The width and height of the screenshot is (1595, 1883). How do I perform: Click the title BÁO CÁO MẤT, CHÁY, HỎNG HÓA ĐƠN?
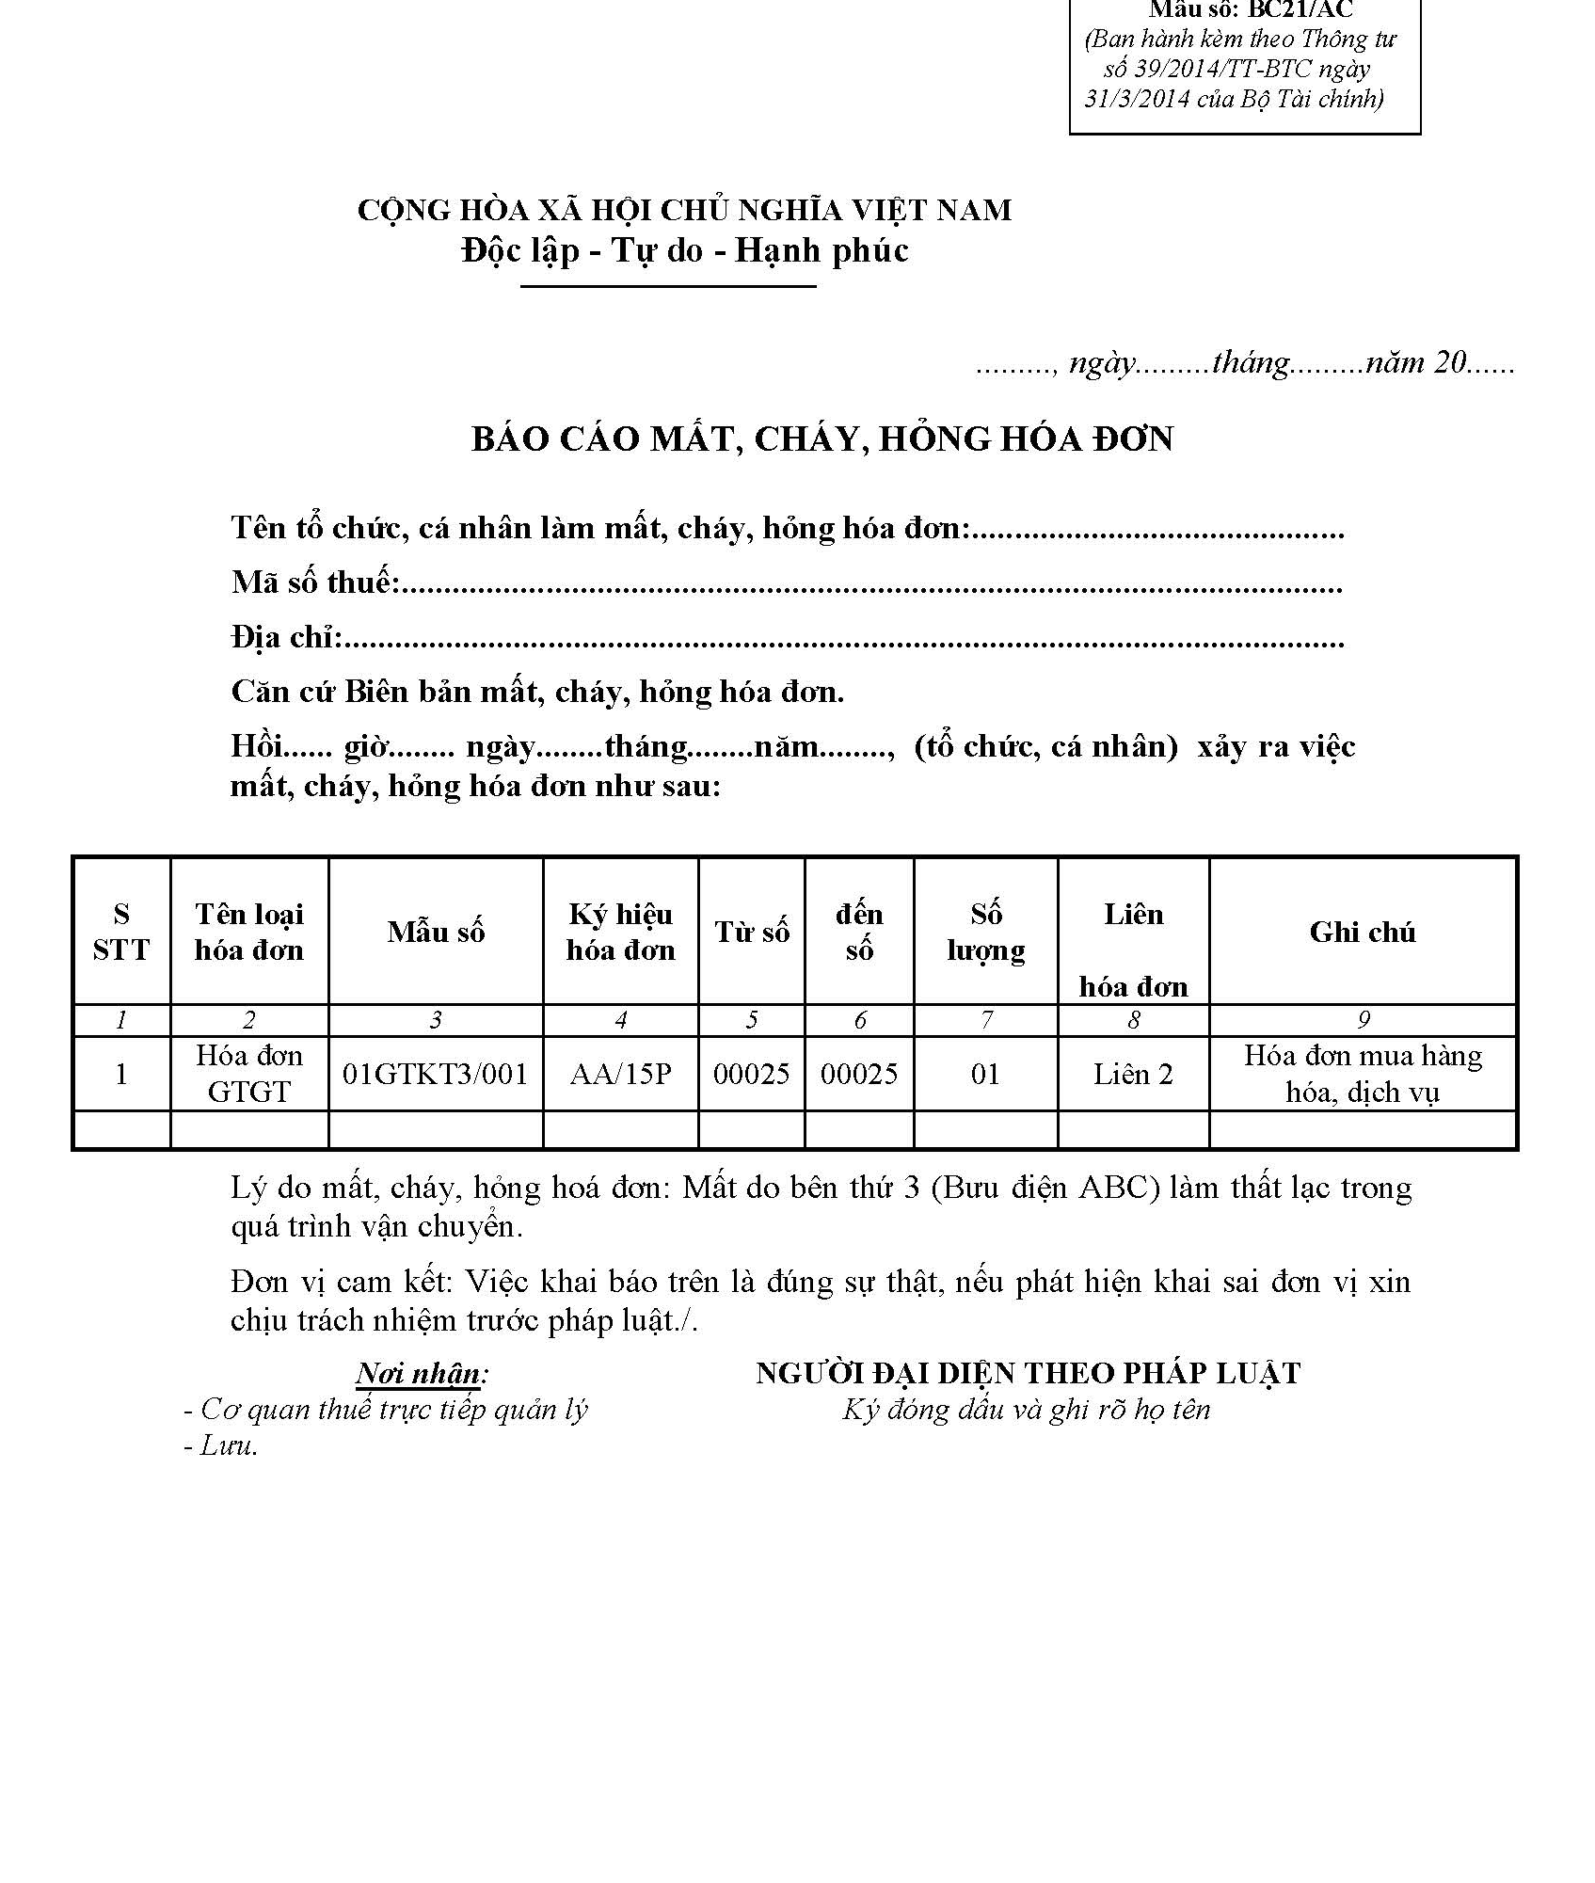(x=822, y=439)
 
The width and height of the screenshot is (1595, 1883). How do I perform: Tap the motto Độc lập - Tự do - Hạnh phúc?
(x=685, y=250)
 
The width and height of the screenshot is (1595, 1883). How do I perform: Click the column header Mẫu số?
(x=436, y=932)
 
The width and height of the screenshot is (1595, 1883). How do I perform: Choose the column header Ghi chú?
(x=1362, y=932)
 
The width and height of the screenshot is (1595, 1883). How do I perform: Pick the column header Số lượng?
(x=985, y=932)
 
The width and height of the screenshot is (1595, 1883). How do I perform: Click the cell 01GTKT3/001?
(x=436, y=1074)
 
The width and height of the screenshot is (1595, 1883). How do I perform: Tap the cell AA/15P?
(x=621, y=1074)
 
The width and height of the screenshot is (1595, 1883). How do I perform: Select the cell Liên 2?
(x=1133, y=1074)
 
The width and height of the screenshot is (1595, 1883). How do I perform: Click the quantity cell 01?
(x=985, y=1074)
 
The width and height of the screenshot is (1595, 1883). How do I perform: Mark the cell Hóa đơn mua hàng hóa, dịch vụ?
(x=1362, y=1074)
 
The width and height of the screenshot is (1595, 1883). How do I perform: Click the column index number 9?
(x=1364, y=1020)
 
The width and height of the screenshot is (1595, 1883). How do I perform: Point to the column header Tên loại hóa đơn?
(x=249, y=932)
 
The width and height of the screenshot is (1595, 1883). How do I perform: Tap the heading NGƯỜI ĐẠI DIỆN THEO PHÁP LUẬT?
(x=1028, y=1373)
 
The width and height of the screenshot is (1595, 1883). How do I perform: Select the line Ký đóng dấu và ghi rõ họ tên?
(x=1026, y=1410)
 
